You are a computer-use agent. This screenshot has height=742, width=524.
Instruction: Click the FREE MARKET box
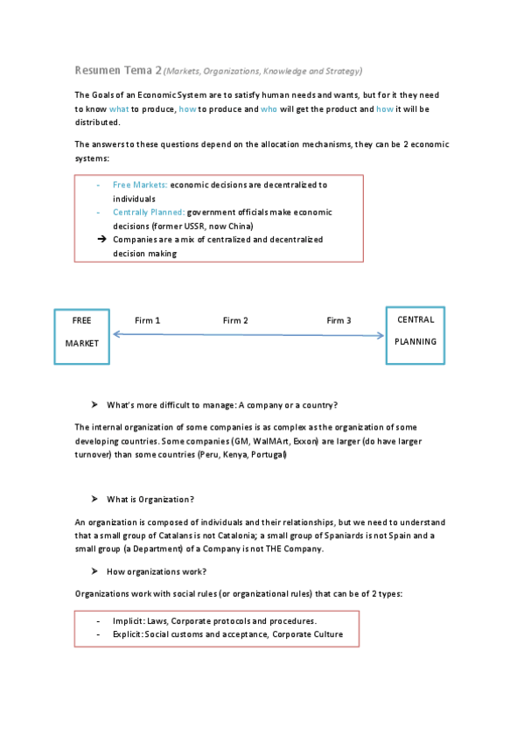click(x=82, y=336)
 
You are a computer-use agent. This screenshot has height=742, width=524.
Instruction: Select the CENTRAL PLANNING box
click(x=415, y=334)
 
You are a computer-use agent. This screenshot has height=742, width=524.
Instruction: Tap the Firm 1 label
click(x=147, y=321)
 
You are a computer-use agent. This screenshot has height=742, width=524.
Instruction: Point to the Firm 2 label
click(x=235, y=321)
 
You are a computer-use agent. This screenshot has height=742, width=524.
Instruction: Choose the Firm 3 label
click(x=339, y=321)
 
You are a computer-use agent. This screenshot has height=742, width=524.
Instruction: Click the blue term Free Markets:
click(x=140, y=185)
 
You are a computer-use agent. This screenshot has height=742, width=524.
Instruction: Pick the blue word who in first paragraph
click(x=269, y=108)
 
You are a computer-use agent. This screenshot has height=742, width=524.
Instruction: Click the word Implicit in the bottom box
click(x=127, y=620)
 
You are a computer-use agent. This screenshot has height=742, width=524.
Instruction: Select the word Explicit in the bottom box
click(x=127, y=633)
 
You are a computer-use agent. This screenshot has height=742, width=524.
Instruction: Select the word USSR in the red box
click(x=208, y=225)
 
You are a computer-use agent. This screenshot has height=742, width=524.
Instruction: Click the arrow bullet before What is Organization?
click(x=94, y=499)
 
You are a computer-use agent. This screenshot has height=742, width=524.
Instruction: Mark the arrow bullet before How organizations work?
click(x=94, y=570)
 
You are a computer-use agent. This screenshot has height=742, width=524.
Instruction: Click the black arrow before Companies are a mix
click(x=101, y=239)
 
